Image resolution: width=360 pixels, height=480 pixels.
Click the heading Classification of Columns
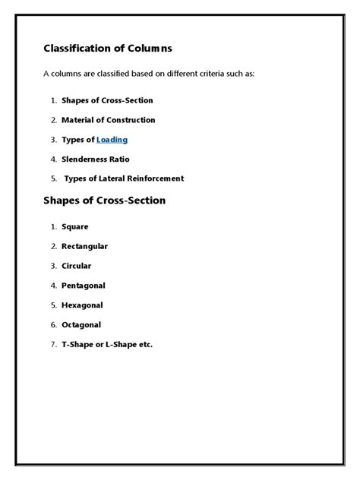108,49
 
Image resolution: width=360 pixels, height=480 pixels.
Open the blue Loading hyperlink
112,140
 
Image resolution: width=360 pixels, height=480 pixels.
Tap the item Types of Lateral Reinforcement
124,179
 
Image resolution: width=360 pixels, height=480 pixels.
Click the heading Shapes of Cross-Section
105,201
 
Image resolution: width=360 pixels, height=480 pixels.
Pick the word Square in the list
75,226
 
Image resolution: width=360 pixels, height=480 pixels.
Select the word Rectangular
85,246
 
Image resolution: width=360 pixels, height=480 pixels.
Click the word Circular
77,266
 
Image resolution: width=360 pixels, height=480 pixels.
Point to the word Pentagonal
84,286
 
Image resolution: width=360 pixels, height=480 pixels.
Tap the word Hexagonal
83,305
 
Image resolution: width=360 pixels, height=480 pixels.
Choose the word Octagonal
82,325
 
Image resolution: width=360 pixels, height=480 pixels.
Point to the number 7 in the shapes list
54,345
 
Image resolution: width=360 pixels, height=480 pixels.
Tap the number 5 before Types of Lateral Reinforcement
54,179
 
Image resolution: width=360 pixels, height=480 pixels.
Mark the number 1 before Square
54,226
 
